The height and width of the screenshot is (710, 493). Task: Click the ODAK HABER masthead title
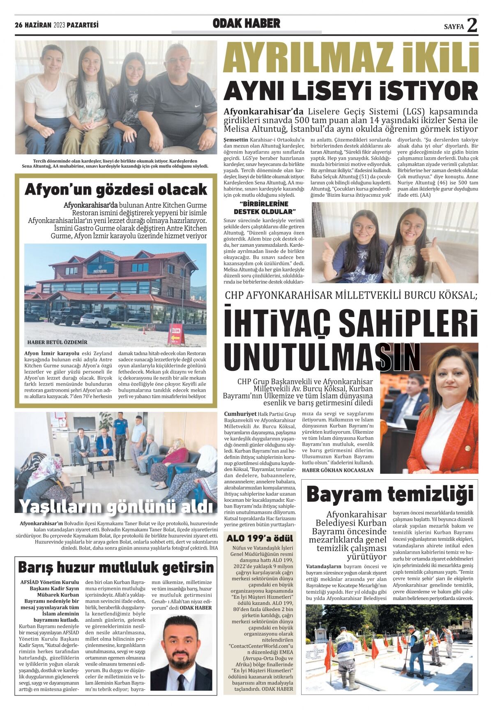click(246, 24)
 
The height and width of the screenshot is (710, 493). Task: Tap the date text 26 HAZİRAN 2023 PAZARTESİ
click(57, 25)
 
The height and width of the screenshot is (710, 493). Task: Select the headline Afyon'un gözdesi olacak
click(116, 189)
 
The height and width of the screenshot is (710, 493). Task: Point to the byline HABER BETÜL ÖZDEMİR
click(57, 342)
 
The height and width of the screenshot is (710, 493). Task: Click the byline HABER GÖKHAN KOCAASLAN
click(338, 470)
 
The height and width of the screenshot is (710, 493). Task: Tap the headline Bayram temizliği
click(389, 494)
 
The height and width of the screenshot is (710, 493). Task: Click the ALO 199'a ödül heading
click(260, 538)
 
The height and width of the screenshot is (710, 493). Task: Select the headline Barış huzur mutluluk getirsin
click(116, 568)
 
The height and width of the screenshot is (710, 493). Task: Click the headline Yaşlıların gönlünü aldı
click(117, 506)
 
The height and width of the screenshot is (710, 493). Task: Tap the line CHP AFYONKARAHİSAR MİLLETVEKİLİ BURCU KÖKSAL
click(351, 295)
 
